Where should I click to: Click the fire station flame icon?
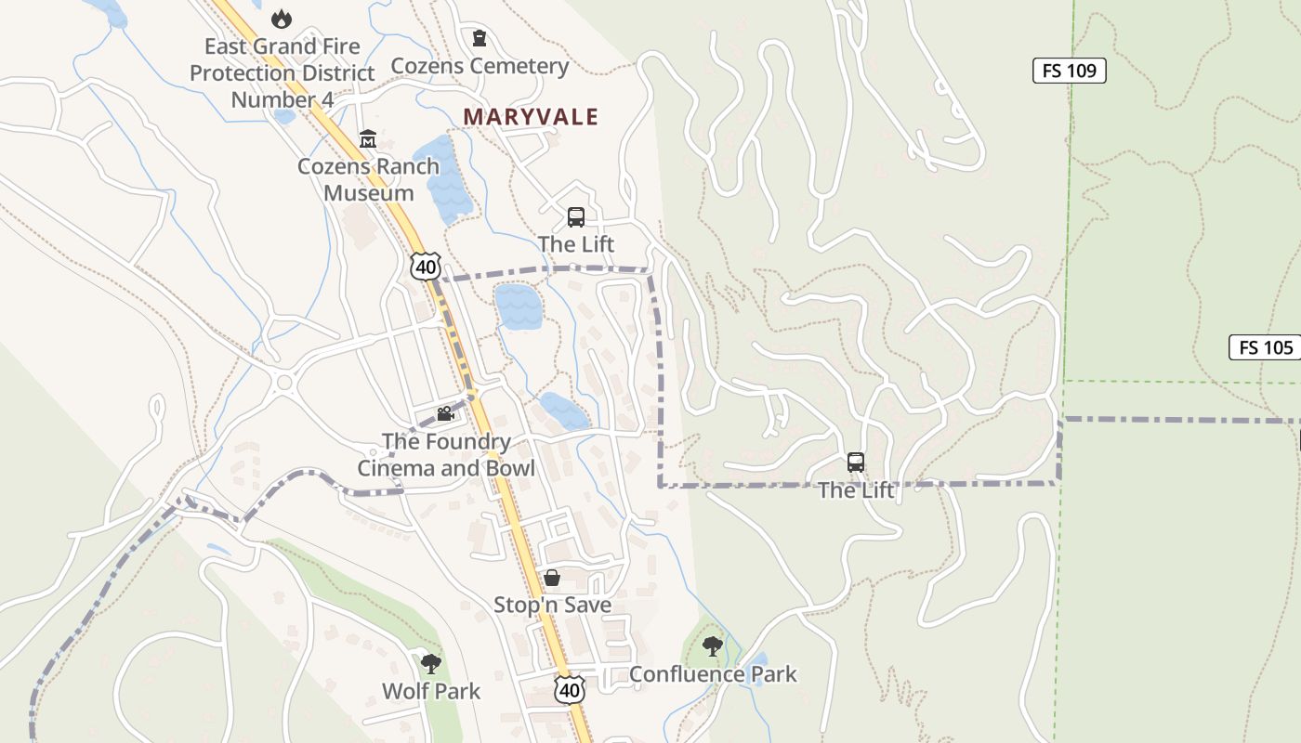point(281,18)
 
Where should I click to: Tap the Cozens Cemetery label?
point(480,66)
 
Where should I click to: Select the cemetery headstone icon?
point(480,38)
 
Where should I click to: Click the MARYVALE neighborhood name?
point(531,117)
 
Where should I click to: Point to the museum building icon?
point(368,139)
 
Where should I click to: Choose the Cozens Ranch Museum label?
point(368,179)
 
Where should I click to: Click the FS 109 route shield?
point(1069,71)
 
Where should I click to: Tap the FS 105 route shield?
point(1266,348)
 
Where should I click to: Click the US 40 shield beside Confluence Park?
point(570,689)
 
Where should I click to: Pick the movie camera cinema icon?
point(445,413)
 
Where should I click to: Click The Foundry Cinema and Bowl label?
point(446,454)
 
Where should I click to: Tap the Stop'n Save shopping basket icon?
point(552,578)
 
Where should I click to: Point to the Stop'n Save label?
point(552,606)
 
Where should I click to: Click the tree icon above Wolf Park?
point(430,663)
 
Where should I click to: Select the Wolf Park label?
point(431,692)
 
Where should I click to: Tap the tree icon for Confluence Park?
point(713,645)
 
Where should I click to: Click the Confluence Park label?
point(713,674)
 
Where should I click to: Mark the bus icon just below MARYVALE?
point(576,217)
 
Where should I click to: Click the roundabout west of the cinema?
point(283,382)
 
